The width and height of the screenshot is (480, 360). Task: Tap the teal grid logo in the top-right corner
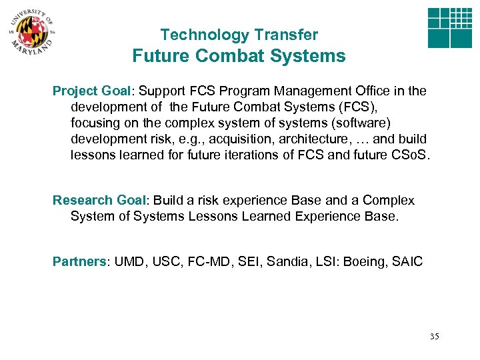tap(449, 29)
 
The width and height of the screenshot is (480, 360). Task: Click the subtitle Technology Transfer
tap(239, 35)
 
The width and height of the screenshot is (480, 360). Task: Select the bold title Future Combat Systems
tap(239, 56)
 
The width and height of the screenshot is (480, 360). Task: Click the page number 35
tap(435, 337)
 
